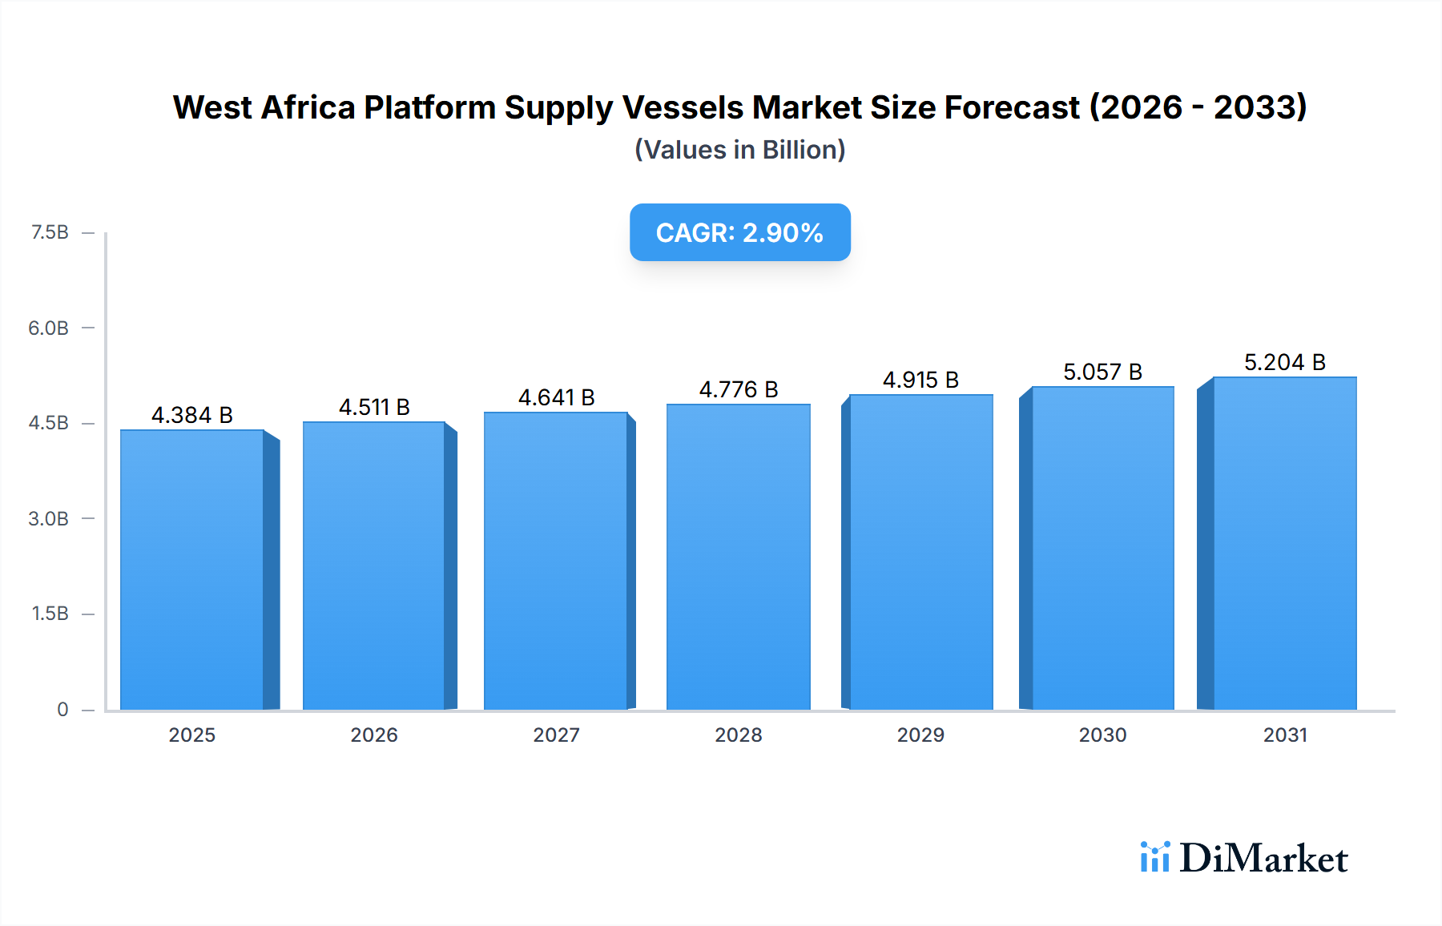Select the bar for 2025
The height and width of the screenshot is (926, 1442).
point(192,570)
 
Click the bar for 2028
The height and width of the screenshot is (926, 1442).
point(738,557)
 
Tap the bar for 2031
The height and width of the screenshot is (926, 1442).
point(1284,543)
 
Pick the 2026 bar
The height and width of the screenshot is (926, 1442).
point(374,566)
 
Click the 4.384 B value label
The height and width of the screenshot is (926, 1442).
point(192,415)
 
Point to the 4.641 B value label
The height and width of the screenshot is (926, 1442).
point(556,397)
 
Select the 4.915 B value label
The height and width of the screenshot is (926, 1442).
point(920,380)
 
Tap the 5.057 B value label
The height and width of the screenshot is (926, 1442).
point(1102,372)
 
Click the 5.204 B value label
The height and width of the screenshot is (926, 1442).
point(1284,362)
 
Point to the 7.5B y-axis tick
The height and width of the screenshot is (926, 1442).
point(50,232)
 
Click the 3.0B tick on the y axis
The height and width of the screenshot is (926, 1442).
point(49,518)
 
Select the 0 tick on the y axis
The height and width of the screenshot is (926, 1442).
point(62,709)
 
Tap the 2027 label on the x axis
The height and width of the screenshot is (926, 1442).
point(556,735)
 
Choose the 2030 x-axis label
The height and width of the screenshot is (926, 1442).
point(1102,735)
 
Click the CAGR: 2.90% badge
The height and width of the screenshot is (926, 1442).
point(739,232)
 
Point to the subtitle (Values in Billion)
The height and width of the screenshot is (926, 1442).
point(739,150)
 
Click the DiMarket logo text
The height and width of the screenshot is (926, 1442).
point(1263,859)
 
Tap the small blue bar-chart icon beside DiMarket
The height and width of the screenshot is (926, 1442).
point(1154,857)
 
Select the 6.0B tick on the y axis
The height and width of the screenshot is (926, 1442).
point(49,328)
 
